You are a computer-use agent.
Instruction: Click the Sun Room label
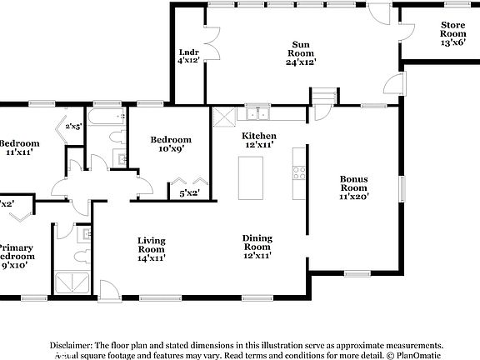pyautogui.click(x=301, y=53)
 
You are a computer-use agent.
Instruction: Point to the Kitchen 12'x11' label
pyautogui.click(x=259, y=140)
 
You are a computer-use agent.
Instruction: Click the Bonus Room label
pyautogui.click(x=354, y=187)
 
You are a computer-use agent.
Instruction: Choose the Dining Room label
pyautogui.click(x=257, y=247)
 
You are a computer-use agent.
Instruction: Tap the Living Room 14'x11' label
pyautogui.click(x=151, y=249)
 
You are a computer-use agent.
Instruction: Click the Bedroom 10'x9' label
pyautogui.click(x=170, y=145)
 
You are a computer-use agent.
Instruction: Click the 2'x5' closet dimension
pyautogui.click(x=74, y=127)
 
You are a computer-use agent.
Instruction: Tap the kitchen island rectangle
pyautogui.click(x=251, y=177)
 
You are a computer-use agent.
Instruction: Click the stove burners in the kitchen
pyautogui.click(x=298, y=173)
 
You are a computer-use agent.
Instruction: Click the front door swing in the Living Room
pyautogui.click(x=108, y=292)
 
